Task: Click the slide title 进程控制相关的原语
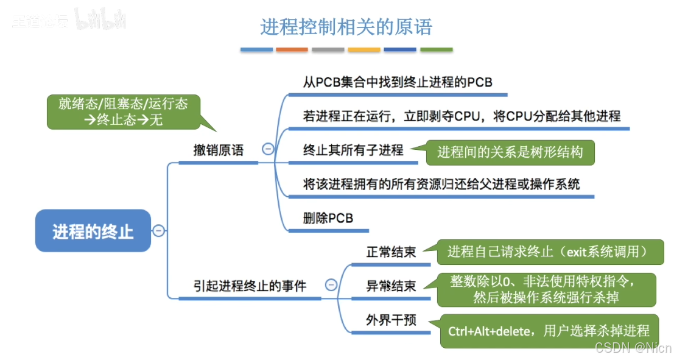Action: point(346,27)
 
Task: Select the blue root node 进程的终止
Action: point(93,231)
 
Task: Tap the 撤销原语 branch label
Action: point(218,150)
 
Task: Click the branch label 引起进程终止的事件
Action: point(250,285)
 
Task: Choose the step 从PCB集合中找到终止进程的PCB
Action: point(398,82)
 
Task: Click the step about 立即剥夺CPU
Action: point(462,116)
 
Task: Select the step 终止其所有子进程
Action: point(353,150)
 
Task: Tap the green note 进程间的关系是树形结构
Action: point(510,152)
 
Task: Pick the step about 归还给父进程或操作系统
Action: point(441,183)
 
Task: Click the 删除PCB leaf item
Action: point(328,218)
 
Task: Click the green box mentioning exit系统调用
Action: point(547,251)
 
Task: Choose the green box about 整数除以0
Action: point(546,289)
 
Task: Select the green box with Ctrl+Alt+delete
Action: point(549,331)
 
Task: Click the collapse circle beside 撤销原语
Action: point(267,149)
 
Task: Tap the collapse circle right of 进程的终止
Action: point(158,230)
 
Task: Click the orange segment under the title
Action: point(292,49)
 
